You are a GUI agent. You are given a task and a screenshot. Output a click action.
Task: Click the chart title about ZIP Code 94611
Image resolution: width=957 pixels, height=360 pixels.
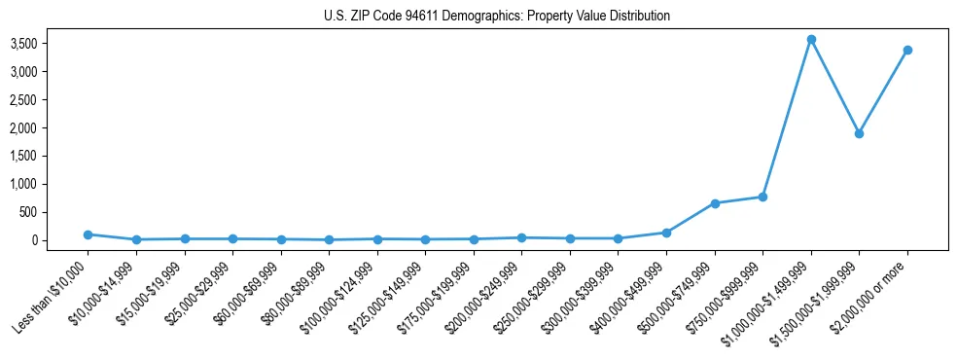coord(497,16)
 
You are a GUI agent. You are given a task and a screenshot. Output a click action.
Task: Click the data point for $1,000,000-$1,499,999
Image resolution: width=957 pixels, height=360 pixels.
coord(811,40)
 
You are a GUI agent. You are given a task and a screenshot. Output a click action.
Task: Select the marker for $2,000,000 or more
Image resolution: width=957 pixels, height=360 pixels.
coord(907,50)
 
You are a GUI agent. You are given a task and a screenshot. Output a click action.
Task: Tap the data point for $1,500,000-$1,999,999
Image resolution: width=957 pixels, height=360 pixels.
coord(859,133)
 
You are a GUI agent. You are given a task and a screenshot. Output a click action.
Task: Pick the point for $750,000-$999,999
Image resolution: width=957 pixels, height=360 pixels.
coord(762,197)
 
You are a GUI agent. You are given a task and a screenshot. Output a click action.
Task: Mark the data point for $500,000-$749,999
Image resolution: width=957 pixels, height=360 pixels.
coord(715,203)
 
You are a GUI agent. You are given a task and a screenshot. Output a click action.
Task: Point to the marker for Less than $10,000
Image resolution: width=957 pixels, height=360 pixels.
coord(88,234)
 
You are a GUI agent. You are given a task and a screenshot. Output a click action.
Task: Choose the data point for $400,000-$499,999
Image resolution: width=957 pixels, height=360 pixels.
coord(666,233)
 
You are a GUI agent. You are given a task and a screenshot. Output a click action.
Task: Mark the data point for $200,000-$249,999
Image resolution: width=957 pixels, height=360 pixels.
coord(521,237)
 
